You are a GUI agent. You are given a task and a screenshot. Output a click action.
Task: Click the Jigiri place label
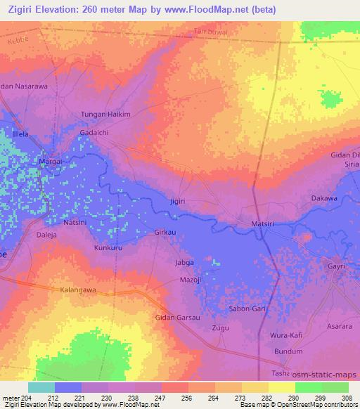click(177, 202)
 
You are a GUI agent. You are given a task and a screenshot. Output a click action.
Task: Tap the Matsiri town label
click(266, 224)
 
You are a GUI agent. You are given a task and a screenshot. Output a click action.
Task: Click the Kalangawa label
click(78, 290)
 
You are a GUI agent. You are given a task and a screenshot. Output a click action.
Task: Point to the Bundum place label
click(288, 351)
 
